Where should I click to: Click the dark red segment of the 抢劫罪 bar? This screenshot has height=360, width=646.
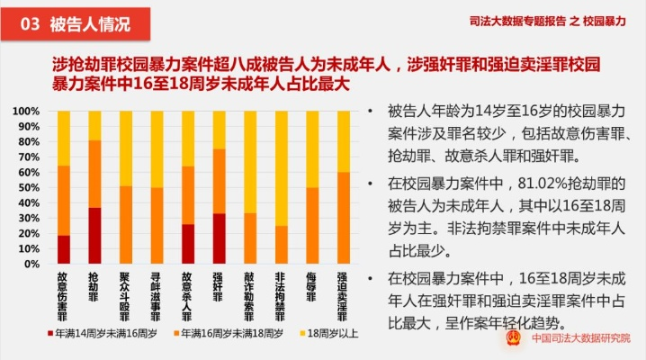[x=94, y=234]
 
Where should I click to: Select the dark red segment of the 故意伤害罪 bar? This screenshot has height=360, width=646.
[x=64, y=247]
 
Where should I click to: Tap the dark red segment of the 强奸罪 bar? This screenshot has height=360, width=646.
[x=218, y=236]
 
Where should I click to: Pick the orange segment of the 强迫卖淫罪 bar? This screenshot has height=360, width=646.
[x=342, y=216]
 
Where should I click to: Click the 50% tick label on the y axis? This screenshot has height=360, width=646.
[x=28, y=187]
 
